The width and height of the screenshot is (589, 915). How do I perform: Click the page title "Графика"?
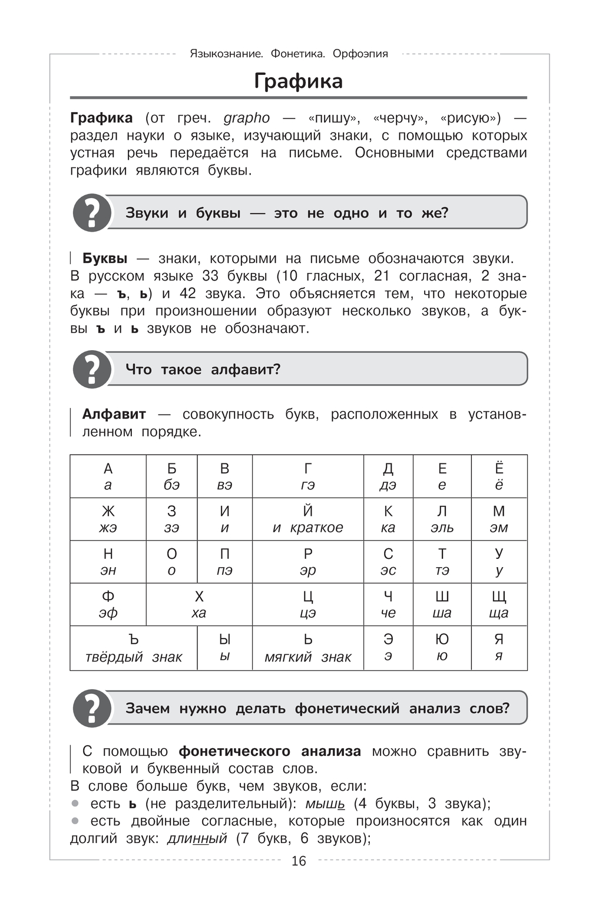click(x=298, y=81)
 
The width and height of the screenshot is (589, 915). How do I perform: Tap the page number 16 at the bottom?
click(x=299, y=861)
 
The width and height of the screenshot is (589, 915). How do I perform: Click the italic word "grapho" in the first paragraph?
click(x=246, y=118)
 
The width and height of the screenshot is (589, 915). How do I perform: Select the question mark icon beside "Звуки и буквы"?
click(x=92, y=213)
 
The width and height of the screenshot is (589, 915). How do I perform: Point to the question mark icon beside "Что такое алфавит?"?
click(x=92, y=370)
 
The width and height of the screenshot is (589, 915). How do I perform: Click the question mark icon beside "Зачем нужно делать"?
click(x=92, y=708)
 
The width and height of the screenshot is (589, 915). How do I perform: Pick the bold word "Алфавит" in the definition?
click(x=114, y=414)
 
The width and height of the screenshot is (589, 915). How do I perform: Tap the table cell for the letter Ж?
click(x=108, y=519)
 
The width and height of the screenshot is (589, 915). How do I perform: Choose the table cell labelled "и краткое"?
click(x=307, y=519)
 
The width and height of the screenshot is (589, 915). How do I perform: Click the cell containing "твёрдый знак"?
click(x=134, y=648)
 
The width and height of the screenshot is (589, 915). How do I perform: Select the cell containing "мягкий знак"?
click(x=307, y=648)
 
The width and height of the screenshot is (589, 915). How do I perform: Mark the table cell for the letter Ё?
click(x=499, y=476)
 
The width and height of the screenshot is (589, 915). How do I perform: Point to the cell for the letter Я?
click(x=499, y=648)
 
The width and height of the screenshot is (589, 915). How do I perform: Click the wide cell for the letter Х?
click(x=199, y=604)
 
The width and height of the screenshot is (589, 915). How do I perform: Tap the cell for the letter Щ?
click(x=499, y=604)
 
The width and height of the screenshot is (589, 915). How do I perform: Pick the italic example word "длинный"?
click(x=197, y=838)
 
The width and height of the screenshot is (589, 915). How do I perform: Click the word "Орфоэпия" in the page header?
click(x=360, y=54)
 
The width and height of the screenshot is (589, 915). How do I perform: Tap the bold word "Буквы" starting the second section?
click(x=105, y=258)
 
